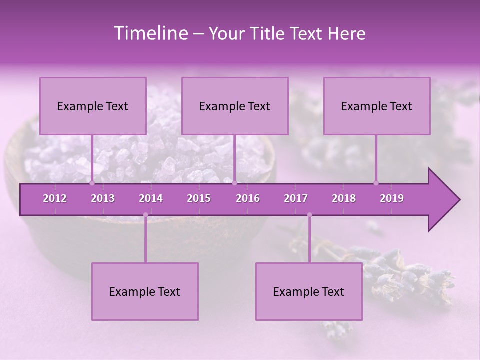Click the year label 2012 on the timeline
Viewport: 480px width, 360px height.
pyautogui.click(x=55, y=198)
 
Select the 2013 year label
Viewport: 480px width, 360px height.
pyautogui.click(x=103, y=198)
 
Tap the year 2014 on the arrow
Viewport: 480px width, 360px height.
pyautogui.click(x=151, y=198)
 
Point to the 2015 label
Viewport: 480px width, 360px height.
pyautogui.click(x=199, y=198)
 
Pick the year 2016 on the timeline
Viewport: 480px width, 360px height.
pyautogui.click(x=248, y=198)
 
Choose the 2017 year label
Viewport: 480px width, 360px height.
pyautogui.click(x=296, y=198)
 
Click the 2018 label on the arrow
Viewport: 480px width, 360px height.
pyautogui.click(x=344, y=198)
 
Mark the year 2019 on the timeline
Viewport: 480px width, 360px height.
pyautogui.click(x=392, y=198)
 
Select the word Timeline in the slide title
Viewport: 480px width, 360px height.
pyautogui.click(x=150, y=33)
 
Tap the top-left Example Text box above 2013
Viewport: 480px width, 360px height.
pyautogui.click(x=93, y=106)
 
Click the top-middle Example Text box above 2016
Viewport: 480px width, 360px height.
pyautogui.click(x=235, y=106)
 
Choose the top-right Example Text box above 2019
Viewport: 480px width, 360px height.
pyautogui.click(x=377, y=106)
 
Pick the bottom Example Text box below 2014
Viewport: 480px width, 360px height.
pyautogui.click(x=145, y=291)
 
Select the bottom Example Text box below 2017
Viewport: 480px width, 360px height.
pyautogui.click(x=309, y=291)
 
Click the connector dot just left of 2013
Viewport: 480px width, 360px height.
pyautogui.click(x=92, y=183)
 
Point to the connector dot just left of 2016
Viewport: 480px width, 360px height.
pyautogui.click(x=234, y=183)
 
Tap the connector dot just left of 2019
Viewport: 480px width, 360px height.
pyautogui.click(x=376, y=183)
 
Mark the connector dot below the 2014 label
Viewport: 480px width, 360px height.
pyautogui.click(x=145, y=215)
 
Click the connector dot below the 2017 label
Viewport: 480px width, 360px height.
pyautogui.click(x=309, y=215)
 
